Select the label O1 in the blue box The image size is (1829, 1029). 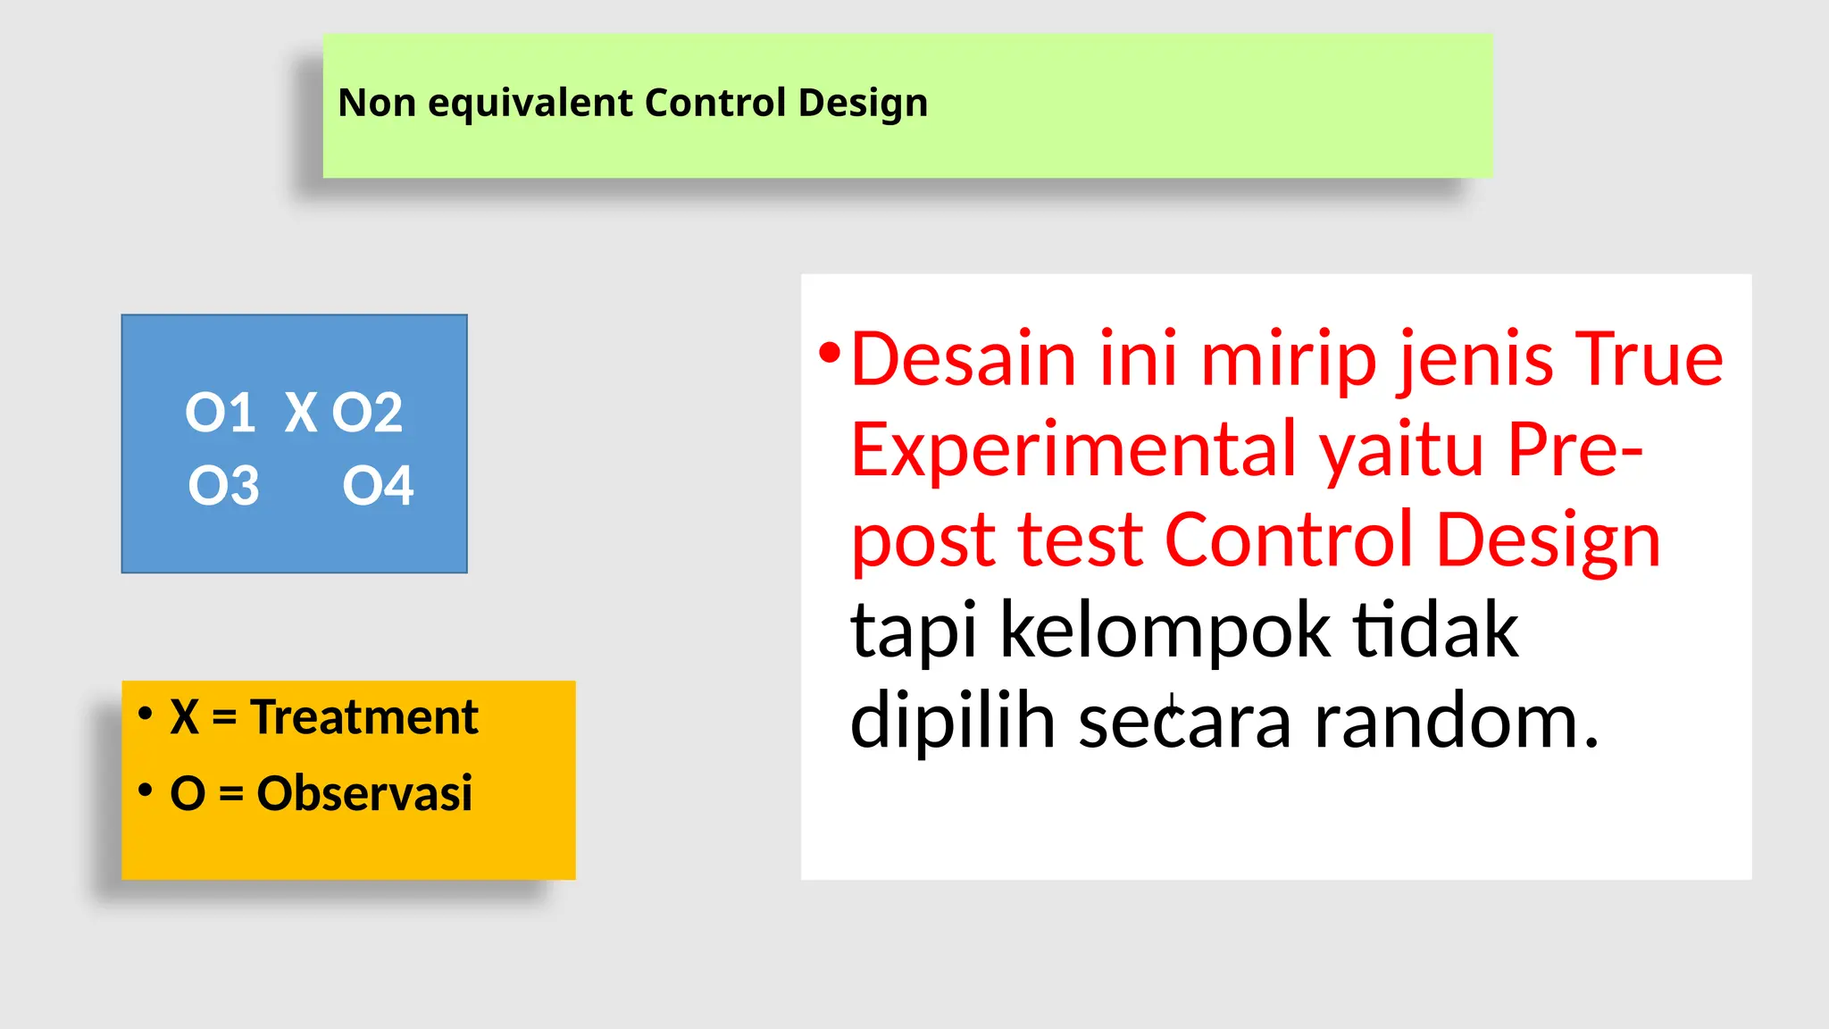[220, 413]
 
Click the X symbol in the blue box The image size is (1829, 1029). [301, 413]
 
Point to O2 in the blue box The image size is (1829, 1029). [367, 413]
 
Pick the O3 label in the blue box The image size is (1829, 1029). [223, 486]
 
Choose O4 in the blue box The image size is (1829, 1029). [378, 486]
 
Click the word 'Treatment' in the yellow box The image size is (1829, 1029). [364, 716]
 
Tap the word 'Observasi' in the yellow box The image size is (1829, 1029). [364, 792]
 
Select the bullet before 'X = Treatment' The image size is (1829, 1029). [146, 714]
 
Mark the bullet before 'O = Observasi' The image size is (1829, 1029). [146, 790]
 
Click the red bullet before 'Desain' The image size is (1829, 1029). [830, 353]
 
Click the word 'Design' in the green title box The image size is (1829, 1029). [863, 103]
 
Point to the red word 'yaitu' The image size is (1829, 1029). [1405, 449]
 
